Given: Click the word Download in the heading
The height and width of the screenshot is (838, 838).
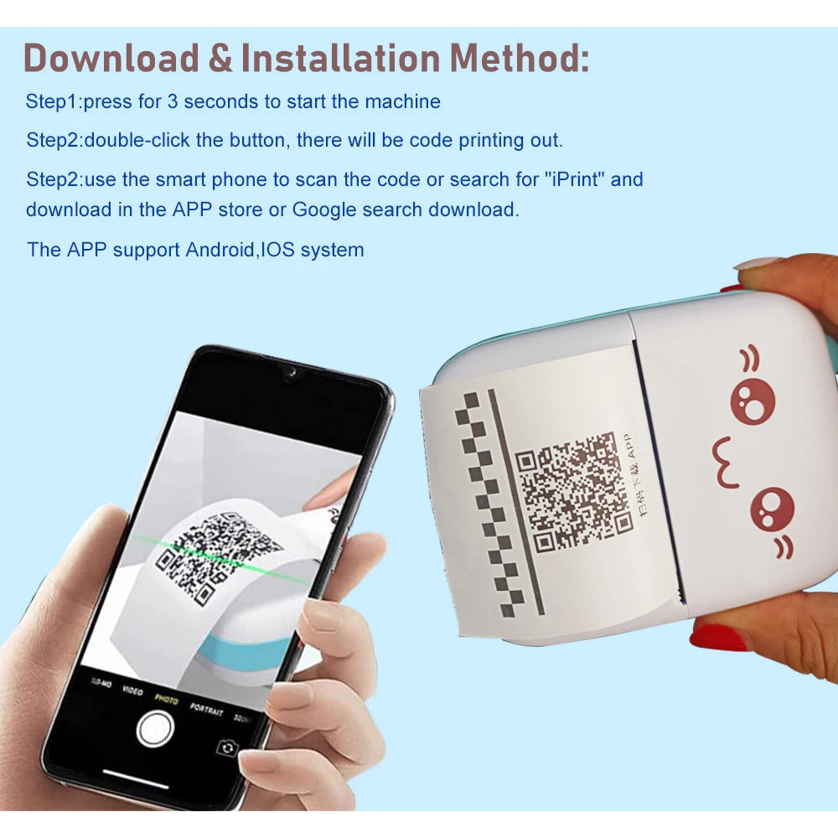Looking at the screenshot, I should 111,58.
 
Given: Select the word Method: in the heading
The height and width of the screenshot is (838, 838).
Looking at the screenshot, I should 519,58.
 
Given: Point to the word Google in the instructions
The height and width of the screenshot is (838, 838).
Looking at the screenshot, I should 324,209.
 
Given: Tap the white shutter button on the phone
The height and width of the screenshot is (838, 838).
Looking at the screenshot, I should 155,727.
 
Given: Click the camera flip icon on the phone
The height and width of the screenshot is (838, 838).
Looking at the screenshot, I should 226,747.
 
